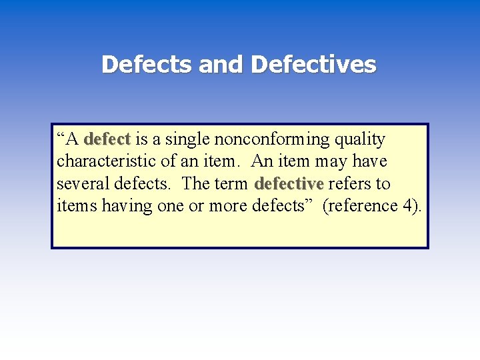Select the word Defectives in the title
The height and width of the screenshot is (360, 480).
point(314,65)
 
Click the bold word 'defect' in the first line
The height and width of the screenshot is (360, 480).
point(107,139)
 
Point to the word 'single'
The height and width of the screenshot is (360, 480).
point(190,139)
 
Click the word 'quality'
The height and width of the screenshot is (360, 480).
point(360,139)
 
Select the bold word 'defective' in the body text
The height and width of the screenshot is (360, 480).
point(289,183)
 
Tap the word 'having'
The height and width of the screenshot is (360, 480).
point(127,205)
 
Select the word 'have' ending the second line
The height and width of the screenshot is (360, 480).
point(369,161)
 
